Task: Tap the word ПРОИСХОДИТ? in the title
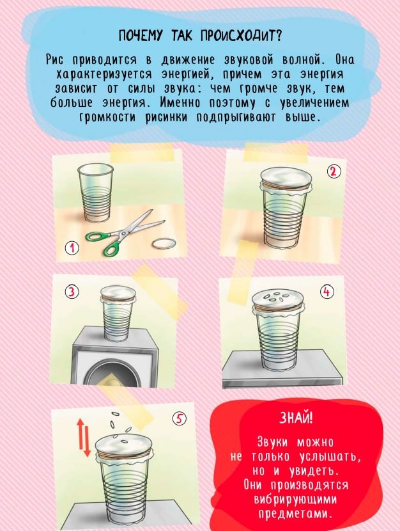pos(240,35)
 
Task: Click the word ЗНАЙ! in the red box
pos(296,418)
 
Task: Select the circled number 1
pos(72,248)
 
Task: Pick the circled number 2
pos(334,171)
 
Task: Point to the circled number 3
pos(72,292)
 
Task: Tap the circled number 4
pos(327,292)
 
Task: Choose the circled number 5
pos(180,419)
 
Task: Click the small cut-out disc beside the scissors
pos(164,244)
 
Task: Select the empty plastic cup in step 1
pos(95,192)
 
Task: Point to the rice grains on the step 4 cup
pos(277,297)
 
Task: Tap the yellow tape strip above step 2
pos(276,152)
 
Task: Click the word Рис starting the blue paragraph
pos(57,60)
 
